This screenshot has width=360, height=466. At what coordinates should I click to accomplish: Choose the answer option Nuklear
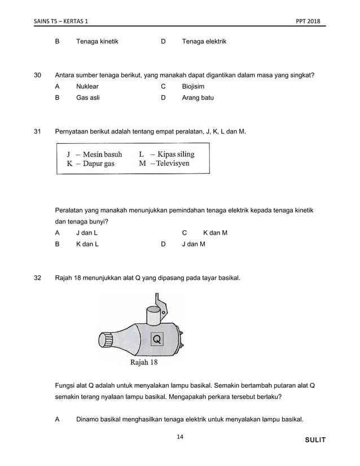tap(87, 86)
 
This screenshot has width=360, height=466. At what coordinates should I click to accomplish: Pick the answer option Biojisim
tap(193, 86)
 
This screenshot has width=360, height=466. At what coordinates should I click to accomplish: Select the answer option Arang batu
tap(197, 98)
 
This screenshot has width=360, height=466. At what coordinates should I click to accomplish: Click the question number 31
tap(38, 131)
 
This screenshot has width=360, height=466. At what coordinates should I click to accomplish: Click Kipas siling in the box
tap(175, 154)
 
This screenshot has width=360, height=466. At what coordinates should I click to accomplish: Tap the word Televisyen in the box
tap(173, 164)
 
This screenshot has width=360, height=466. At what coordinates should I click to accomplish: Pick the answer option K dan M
tap(215, 232)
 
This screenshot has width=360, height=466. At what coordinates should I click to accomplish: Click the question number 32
tap(38, 278)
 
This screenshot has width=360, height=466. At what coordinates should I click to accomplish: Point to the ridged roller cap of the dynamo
tap(106, 342)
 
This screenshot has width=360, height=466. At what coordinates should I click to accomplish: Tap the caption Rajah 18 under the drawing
tap(144, 362)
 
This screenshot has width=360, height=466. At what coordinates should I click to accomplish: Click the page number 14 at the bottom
tap(180, 437)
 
